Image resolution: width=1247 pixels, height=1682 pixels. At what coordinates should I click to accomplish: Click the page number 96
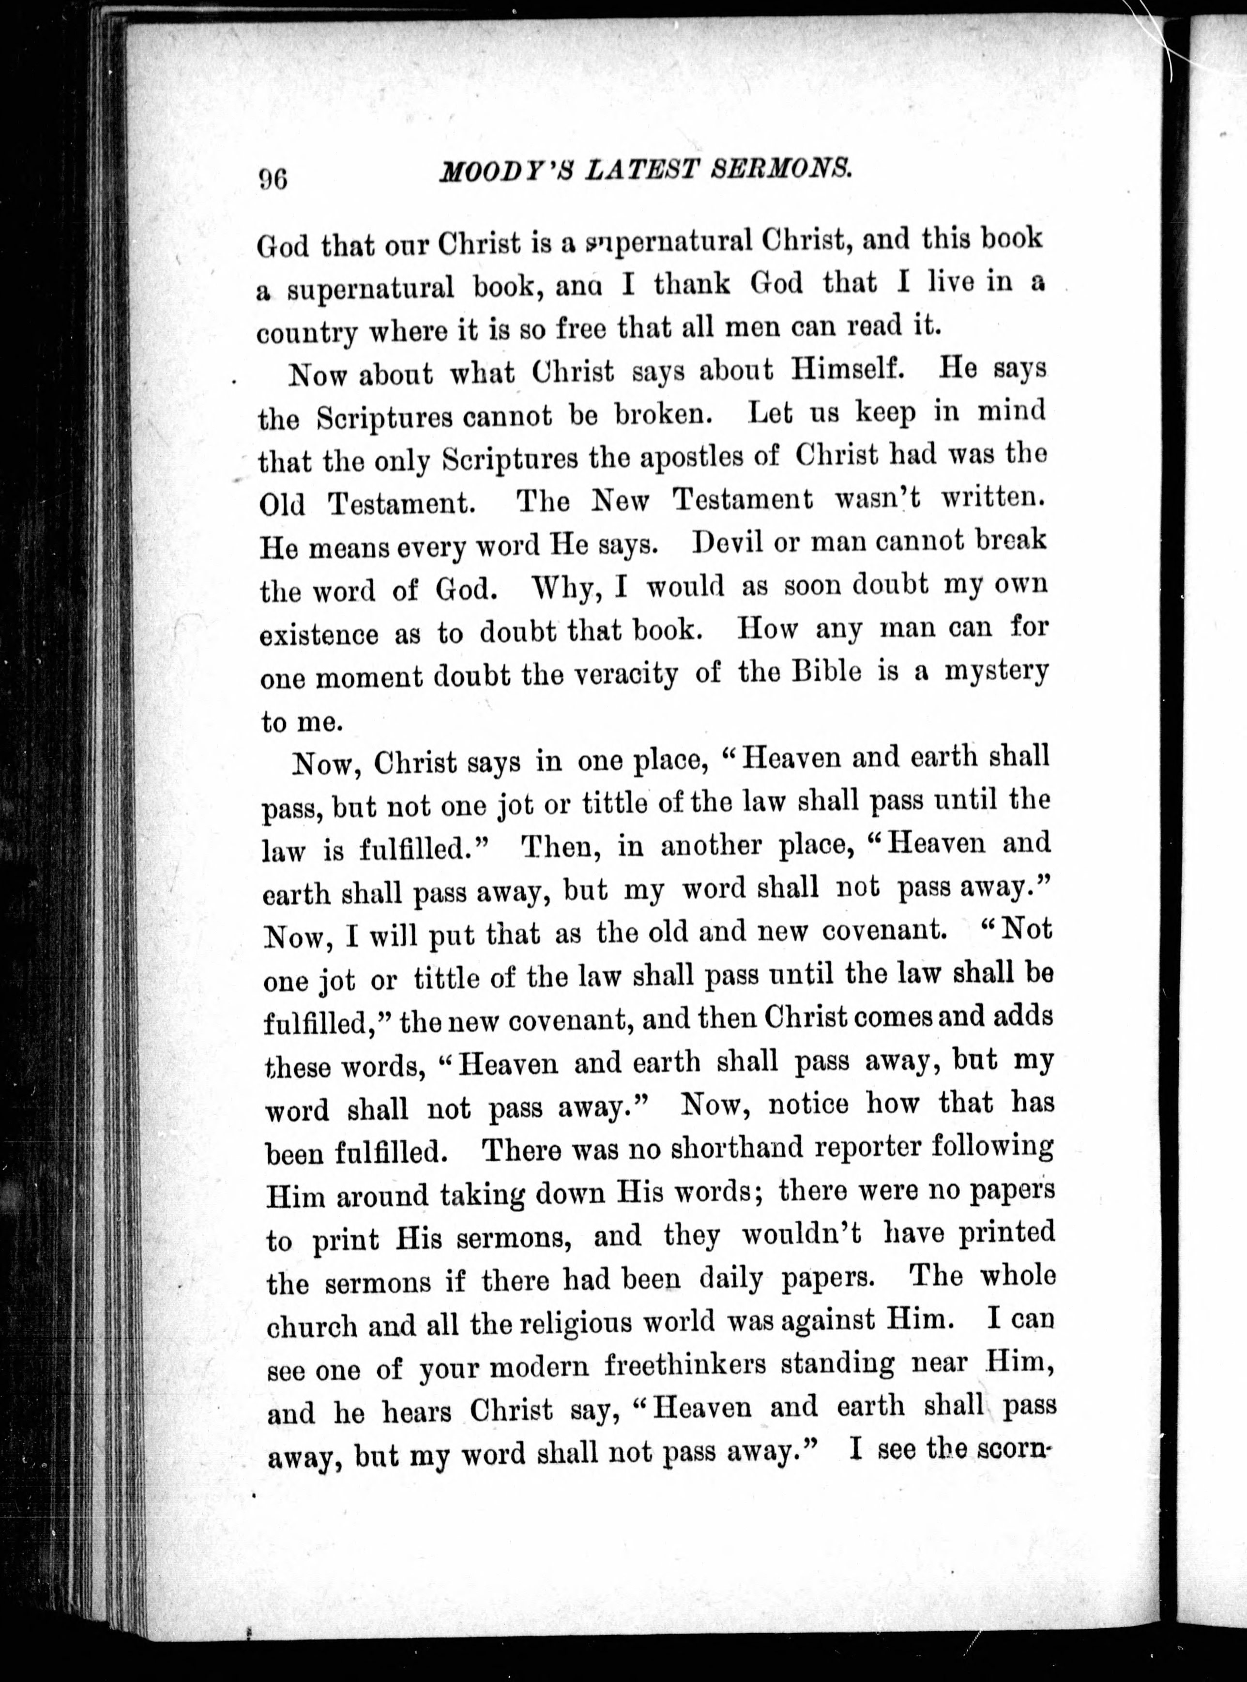273,178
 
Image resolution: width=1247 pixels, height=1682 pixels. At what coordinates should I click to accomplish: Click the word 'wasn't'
878,499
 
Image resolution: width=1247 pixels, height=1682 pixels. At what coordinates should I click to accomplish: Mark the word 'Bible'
826,671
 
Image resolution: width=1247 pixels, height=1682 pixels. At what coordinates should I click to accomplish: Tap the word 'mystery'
996,671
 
